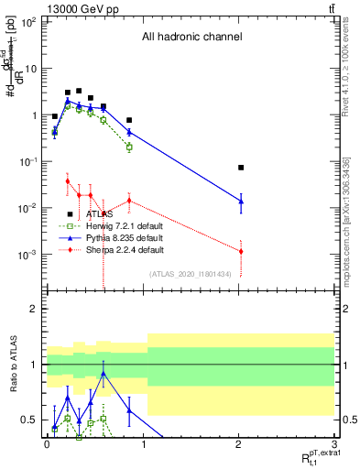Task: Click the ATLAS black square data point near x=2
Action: [241, 168]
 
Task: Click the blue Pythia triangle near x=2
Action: [241, 202]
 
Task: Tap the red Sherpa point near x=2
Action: [241, 251]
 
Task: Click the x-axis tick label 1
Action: [143, 445]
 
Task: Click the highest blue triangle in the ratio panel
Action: [104, 374]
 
